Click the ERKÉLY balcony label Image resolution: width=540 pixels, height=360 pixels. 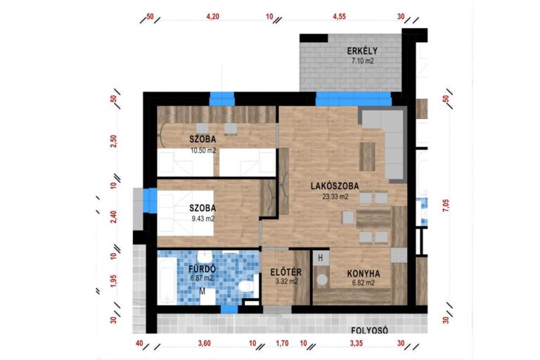pos(362,51)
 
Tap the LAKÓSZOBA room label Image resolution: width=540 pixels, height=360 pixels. pos(335,186)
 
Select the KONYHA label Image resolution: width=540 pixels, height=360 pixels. pos(364,274)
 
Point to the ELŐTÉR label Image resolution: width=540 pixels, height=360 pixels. pos(286,272)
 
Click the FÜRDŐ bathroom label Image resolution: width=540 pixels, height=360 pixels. pos(202,269)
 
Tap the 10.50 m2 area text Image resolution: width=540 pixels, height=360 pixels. pos(203,150)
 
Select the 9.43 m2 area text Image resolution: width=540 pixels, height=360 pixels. pos(202,219)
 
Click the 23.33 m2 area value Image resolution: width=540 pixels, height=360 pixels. pos(335,197)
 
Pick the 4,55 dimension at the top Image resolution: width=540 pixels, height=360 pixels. pos(339,16)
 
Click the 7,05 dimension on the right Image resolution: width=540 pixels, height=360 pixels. pos(446,205)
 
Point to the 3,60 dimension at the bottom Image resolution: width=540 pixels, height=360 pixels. pos(204,343)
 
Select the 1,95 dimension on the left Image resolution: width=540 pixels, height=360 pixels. pos(114,281)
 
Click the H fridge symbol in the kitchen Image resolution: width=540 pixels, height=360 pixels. pos(321,257)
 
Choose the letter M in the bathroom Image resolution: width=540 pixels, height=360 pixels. pos(202,292)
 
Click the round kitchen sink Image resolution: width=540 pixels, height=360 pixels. pos(322,279)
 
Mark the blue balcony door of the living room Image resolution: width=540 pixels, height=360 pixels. pos(354,99)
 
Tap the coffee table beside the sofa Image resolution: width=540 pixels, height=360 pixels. pos(368,157)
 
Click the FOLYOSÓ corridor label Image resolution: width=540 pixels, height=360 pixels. pos(370,330)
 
